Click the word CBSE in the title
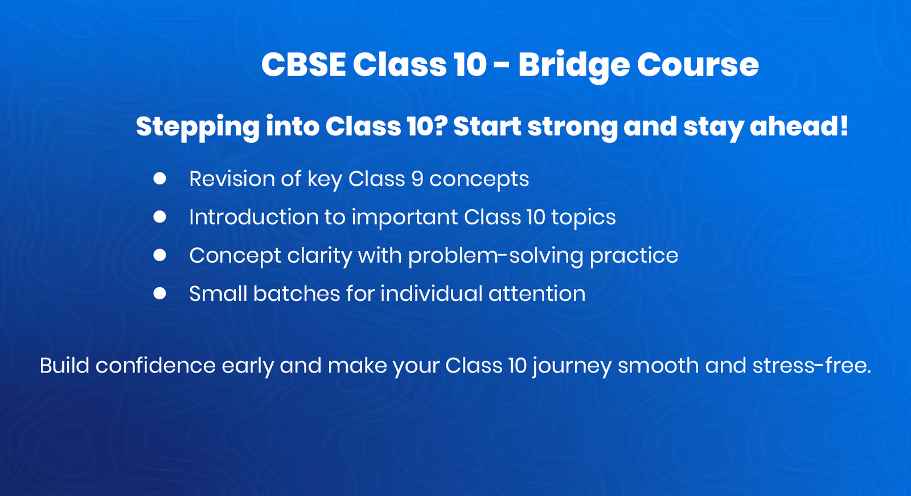(303, 64)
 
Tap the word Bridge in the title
(573, 65)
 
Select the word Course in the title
(697, 64)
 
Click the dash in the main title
(502, 65)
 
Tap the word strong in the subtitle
(572, 127)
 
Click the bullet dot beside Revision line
(159, 179)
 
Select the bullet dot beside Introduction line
(159, 217)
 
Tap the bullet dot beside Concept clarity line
(159, 255)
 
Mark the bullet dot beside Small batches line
(159, 294)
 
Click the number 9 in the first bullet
(417, 179)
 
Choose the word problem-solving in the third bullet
(495, 256)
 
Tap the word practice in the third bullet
(634, 256)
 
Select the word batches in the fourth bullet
(296, 294)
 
